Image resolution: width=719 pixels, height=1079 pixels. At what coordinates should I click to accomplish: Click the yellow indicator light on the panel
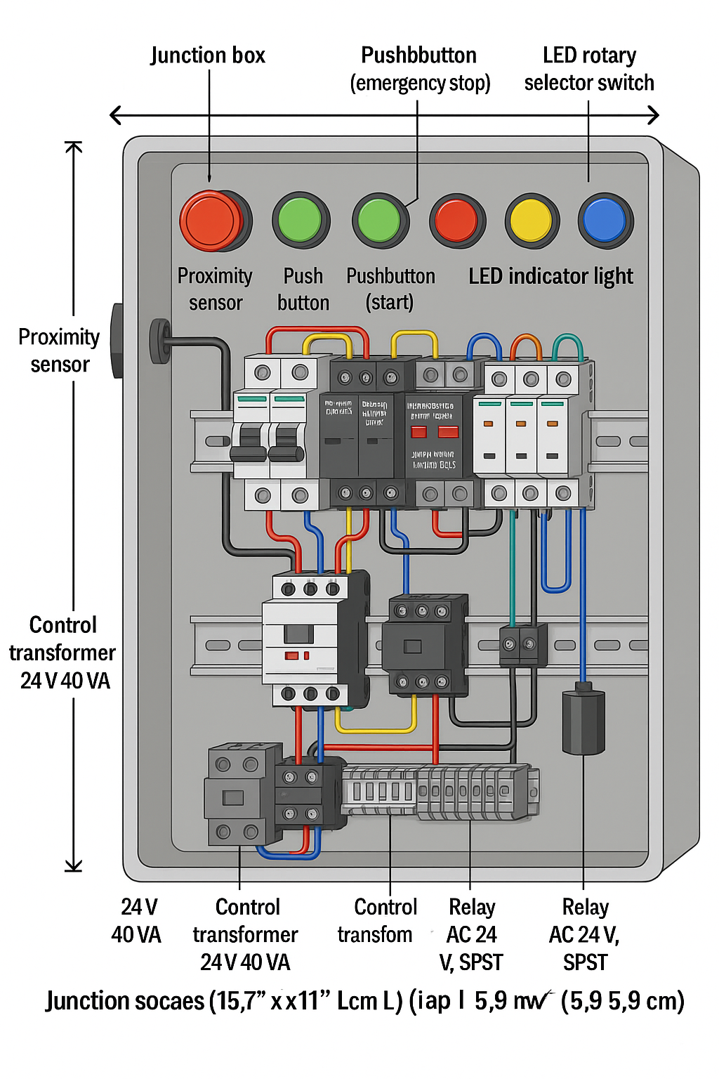pyautogui.click(x=532, y=221)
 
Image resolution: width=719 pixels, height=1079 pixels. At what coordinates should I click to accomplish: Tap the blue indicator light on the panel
pyautogui.click(x=605, y=221)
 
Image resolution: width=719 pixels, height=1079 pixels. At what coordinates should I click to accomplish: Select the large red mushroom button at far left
pyautogui.click(x=213, y=221)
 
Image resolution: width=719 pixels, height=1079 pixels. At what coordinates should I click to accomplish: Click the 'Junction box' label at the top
pyautogui.click(x=208, y=55)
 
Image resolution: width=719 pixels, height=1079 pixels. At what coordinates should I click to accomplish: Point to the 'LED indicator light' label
pyautogui.click(x=550, y=276)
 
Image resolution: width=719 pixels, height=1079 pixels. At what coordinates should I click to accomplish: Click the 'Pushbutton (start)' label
pyautogui.click(x=390, y=289)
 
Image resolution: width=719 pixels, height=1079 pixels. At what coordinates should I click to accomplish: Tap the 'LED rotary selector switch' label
pyautogui.click(x=588, y=69)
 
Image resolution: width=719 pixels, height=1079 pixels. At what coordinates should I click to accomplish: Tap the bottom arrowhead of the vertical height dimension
pyautogui.click(x=74, y=865)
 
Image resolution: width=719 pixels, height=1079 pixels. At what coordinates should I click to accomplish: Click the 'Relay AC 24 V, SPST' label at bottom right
pyautogui.click(x=584, y=934)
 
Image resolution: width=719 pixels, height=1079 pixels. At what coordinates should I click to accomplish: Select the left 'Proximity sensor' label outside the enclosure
pyautogui.click(x=60, y=351)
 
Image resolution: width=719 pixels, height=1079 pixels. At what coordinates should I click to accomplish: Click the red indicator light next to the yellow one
pyautogui.click(x=456, y=221)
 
